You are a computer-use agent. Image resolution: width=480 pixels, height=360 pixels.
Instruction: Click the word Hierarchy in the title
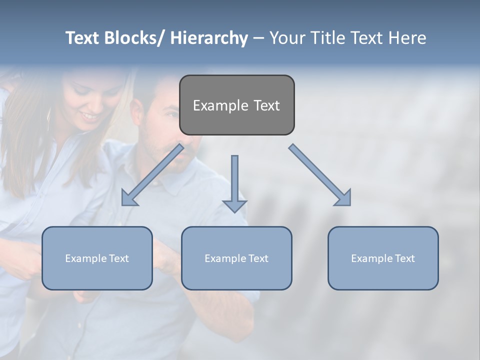209,38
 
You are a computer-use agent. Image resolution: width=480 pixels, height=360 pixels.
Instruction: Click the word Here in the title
407,38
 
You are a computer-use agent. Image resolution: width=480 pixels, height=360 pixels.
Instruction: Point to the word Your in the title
287,38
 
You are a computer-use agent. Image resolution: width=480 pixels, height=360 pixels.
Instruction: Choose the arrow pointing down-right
320,175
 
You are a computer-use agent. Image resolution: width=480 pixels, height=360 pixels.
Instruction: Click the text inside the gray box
236,105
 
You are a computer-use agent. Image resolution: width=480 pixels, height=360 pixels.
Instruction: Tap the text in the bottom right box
383,258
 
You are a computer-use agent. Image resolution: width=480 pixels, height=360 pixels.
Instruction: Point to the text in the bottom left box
97,258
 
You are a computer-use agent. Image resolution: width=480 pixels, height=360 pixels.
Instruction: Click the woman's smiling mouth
91,116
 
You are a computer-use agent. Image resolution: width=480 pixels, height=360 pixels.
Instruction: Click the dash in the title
258,38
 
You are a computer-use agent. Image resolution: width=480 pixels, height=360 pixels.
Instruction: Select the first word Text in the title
82,38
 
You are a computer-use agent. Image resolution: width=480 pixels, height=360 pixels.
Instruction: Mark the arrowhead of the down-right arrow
343,198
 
